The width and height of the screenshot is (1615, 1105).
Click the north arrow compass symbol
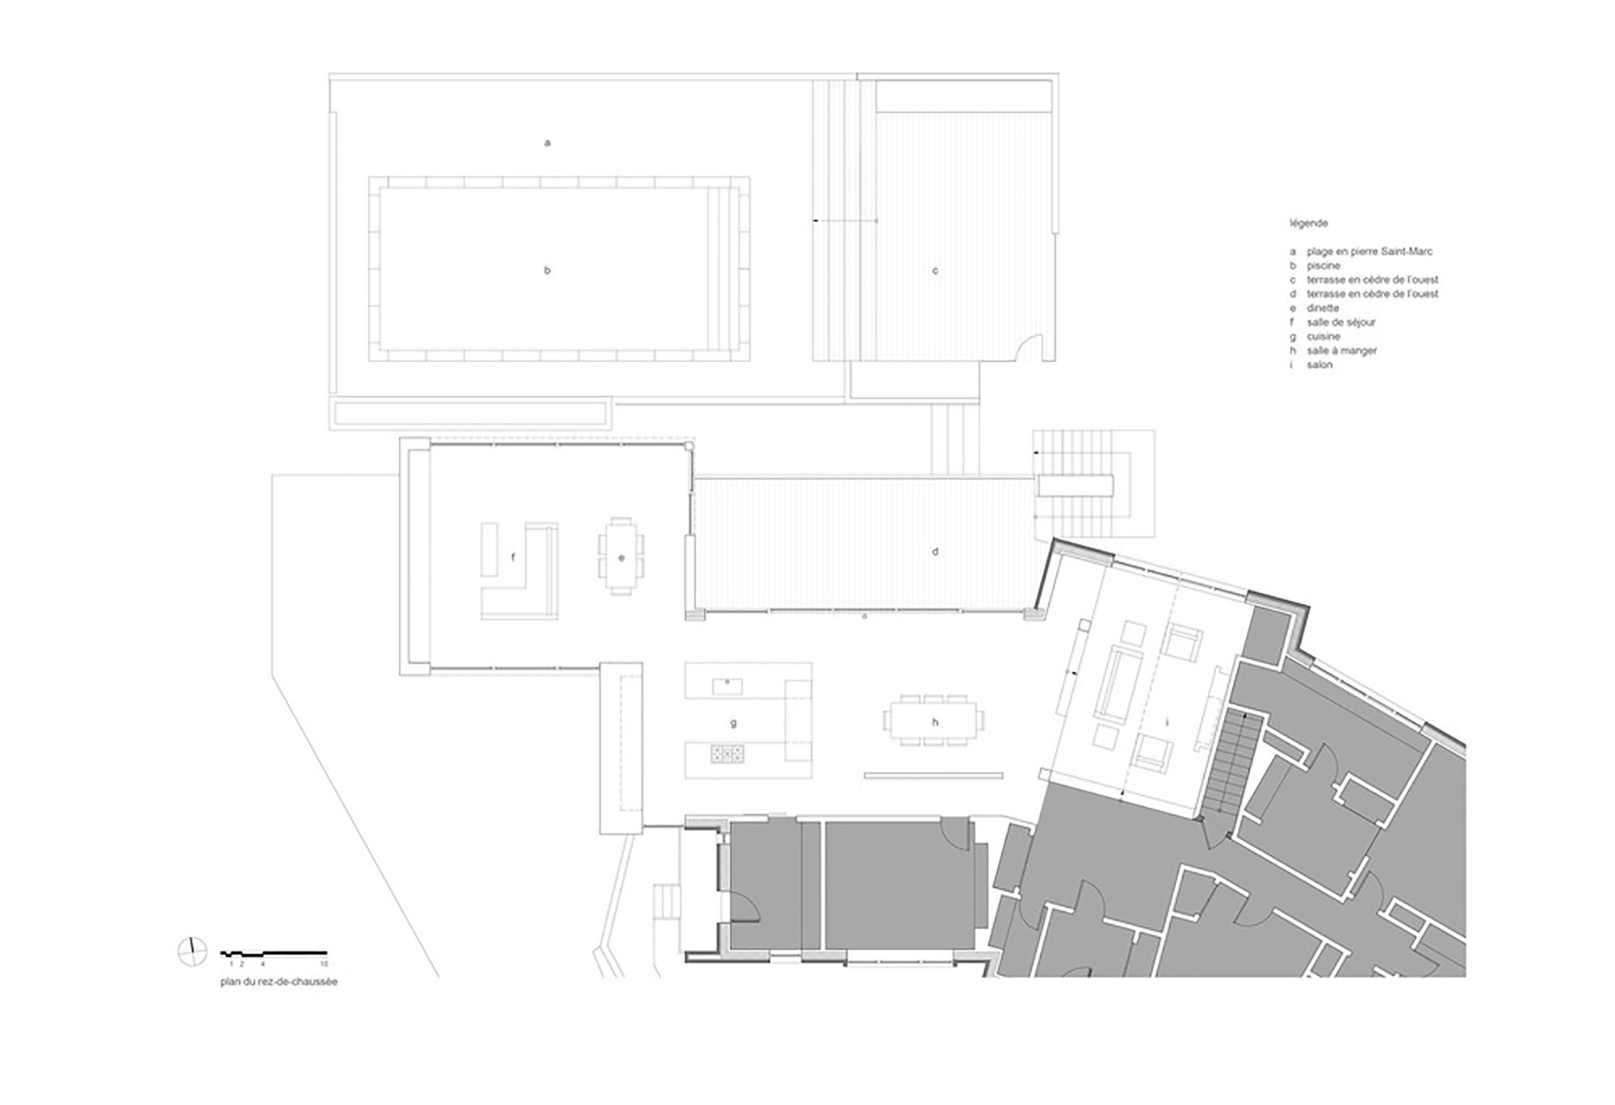coord(192,952)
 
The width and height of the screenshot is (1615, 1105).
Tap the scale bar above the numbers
coord(274,954)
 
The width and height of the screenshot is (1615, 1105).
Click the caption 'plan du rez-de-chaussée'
coord(279,982)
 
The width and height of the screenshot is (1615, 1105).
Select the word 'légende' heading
coord(1308,223)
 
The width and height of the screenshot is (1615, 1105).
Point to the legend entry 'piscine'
coord(1323,266)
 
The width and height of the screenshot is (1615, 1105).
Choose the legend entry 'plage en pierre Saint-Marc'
coord(1370,251)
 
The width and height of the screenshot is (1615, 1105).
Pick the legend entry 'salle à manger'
coord(1341,351)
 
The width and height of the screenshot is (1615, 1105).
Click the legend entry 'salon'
coord(1319,365)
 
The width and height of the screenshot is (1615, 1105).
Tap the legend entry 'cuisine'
coord(1323,336)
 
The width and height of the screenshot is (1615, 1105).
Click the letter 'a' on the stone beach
coord(547,143)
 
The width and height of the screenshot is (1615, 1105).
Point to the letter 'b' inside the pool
coord(547,271)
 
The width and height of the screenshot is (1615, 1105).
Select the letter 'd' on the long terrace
coord(935,552)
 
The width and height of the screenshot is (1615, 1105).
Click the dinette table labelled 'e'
coord(621,557)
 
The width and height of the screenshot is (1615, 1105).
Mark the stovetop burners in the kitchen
coord(727,754)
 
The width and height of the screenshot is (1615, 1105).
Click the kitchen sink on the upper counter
coord(727,686)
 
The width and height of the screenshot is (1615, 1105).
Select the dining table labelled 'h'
coord(934,719)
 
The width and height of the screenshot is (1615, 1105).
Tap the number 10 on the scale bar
coord(325,964)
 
